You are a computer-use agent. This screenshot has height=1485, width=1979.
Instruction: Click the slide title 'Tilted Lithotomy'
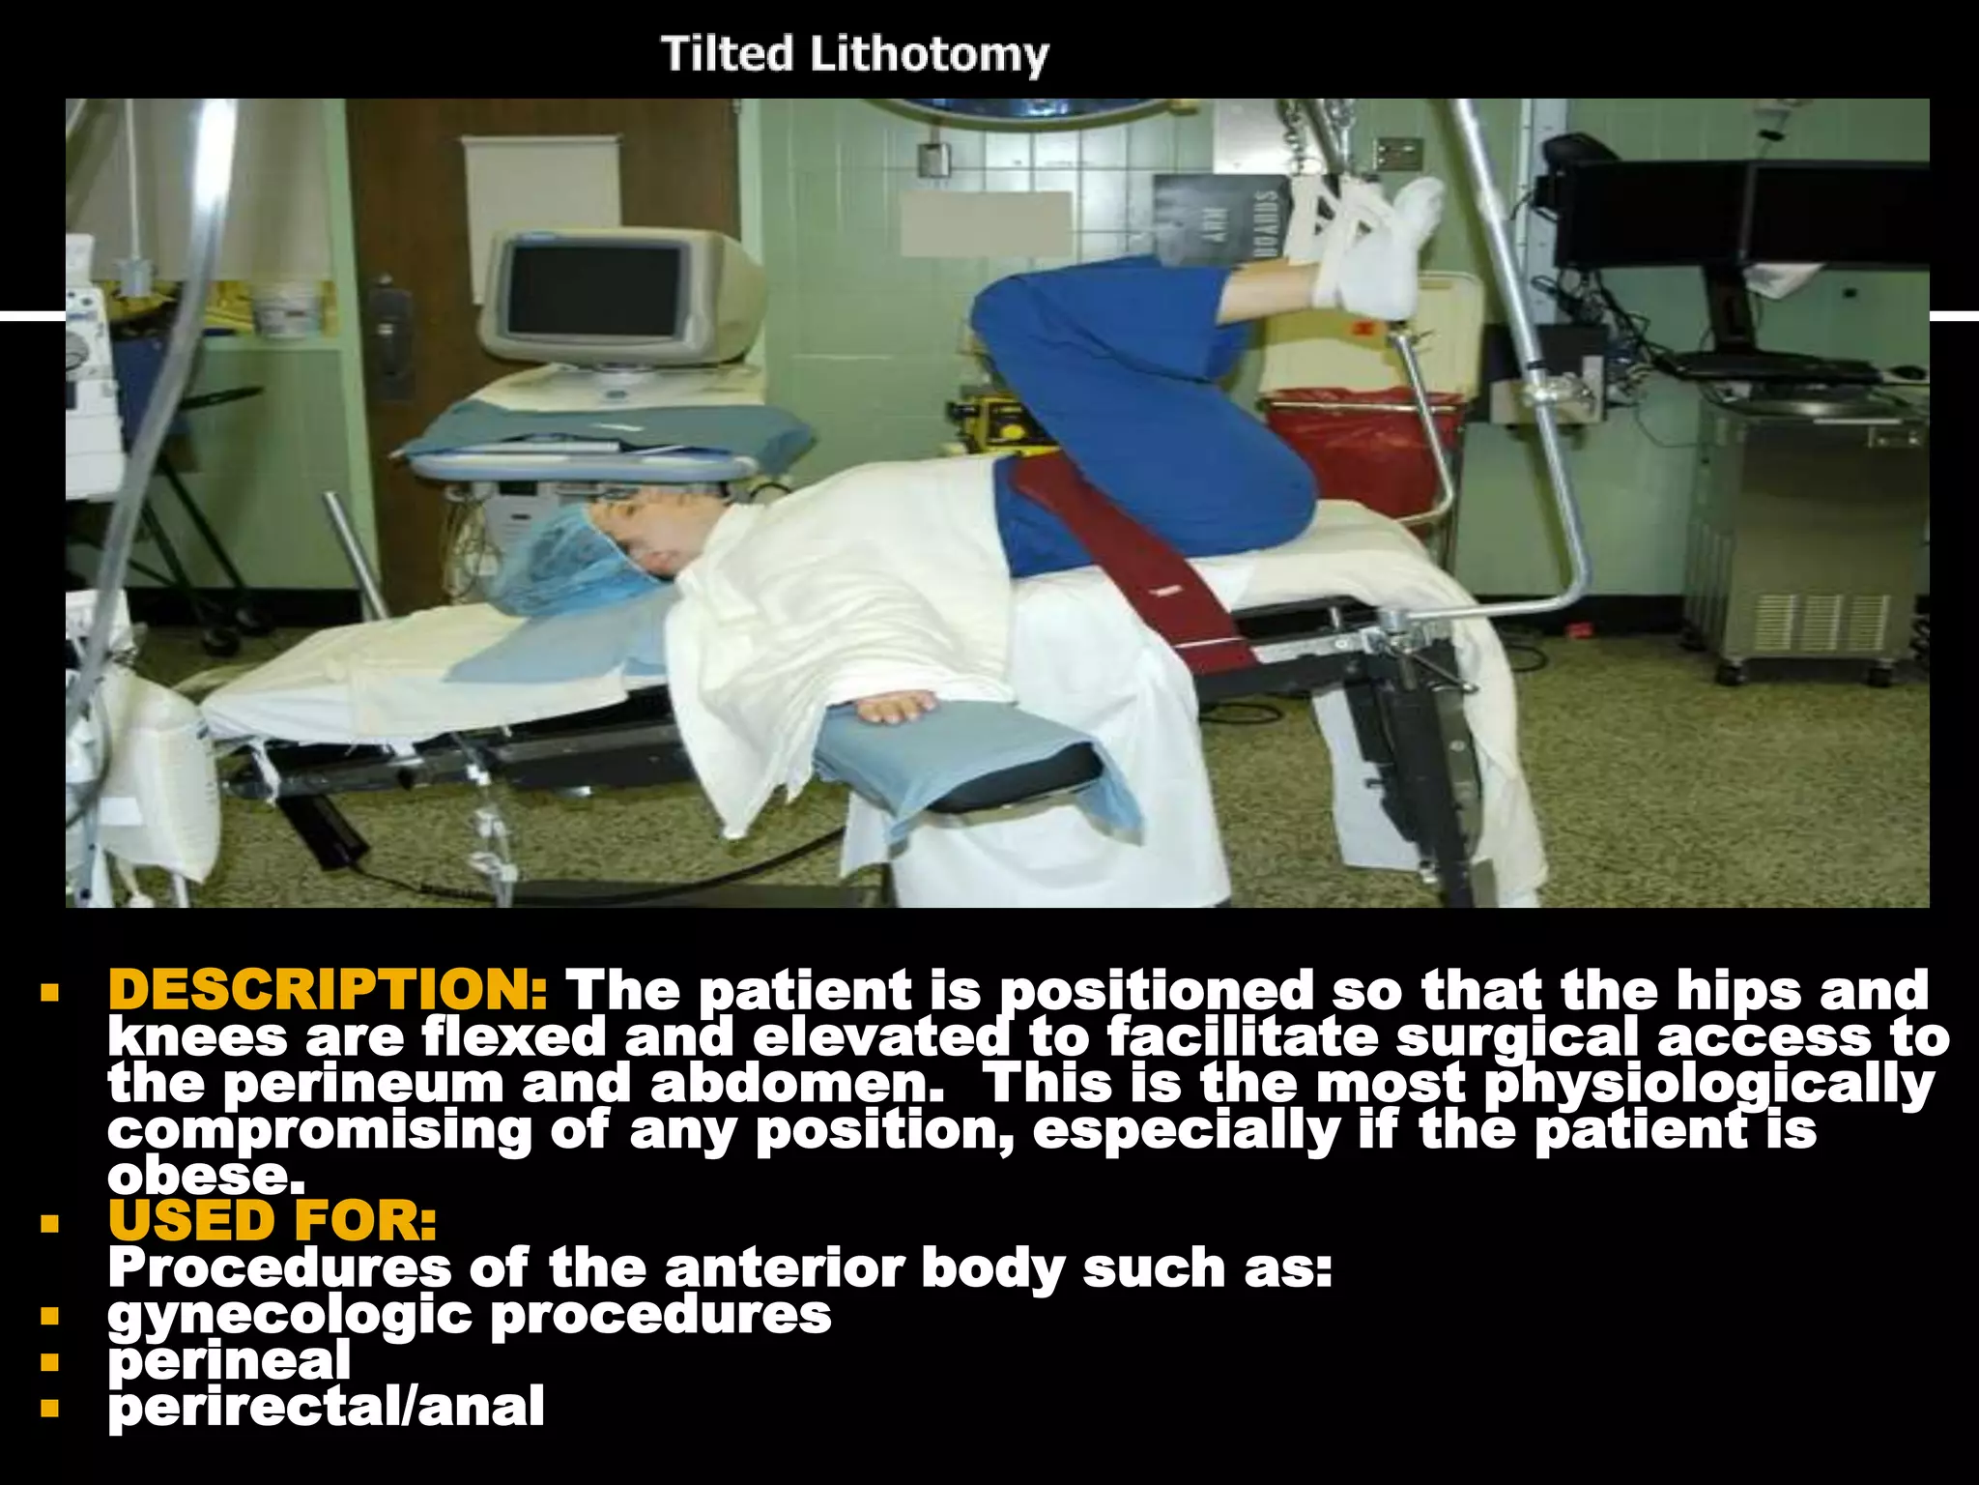(x=854, y=54)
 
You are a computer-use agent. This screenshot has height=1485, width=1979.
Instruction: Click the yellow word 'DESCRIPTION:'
(x=329, y=990)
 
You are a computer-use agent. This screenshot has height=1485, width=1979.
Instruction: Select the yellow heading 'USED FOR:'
(x=272, y=1220)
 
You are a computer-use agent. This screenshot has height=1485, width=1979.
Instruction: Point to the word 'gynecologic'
(x=290, y=1314)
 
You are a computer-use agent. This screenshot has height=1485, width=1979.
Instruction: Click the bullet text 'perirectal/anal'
(x=326, y=1407)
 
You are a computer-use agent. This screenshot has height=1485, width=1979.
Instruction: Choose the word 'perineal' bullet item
(x=229, y=1360)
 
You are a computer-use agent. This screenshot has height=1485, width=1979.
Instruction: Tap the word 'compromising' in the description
(x=320, y=1129)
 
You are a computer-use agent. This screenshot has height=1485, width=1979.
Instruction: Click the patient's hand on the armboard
(x=894, y=706)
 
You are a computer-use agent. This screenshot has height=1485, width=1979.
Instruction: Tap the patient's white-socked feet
(x=1377, y=247)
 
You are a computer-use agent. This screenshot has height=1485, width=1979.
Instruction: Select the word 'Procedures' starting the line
(x=279, y=1267)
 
